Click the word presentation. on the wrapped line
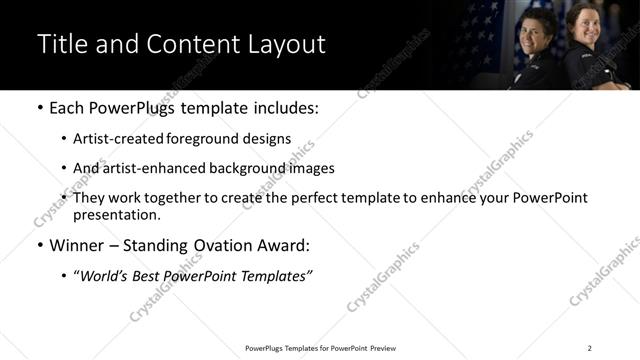[116, 215]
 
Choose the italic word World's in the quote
[107, 275]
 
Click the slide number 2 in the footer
[589, 348]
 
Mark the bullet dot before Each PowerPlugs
[39, 107]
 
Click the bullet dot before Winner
[39, 245]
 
